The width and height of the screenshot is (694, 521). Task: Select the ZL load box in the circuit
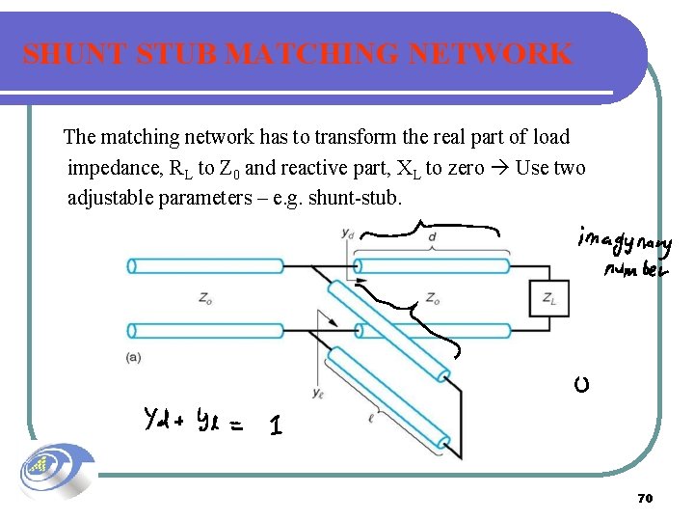(547, 299)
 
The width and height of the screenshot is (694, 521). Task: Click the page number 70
(645, 499)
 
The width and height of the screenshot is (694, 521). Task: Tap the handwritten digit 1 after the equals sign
(276, 425)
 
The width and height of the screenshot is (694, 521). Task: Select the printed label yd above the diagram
(347, 233)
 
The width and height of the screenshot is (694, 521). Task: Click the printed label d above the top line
(431, 235)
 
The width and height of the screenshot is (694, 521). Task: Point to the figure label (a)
(134, 357)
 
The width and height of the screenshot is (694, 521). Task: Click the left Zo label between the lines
(205, 299)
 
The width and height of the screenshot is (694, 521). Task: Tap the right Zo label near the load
(434, 299)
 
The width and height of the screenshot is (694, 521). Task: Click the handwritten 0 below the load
(581, 386)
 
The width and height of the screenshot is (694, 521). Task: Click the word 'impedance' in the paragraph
(114, 169)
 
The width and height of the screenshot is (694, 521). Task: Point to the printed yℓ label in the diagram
(318, 392)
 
